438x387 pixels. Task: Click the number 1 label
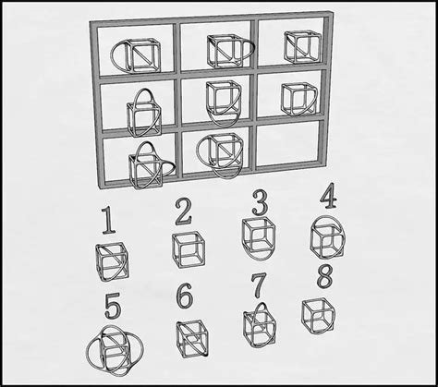click(x=108, y=222)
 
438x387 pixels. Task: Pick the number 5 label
click(x=112, y=306)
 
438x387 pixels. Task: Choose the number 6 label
click(x=185, y=297)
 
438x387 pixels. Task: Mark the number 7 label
click(x=260, y=286)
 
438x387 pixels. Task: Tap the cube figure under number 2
click(x=188, y=249)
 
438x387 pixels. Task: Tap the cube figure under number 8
click(x=317, y=312)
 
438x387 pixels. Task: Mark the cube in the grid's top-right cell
click(x=298, y=45)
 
